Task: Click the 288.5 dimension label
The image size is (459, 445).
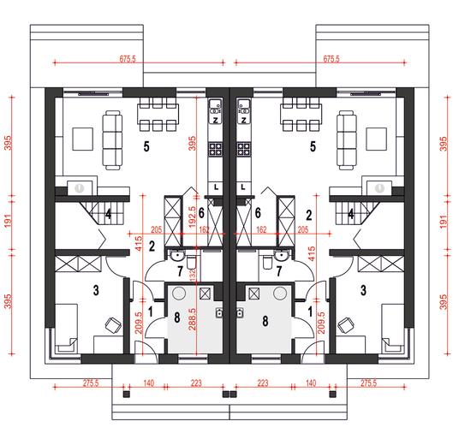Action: [x=193, y=319]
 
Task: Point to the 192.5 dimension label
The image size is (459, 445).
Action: [x=193, y=217]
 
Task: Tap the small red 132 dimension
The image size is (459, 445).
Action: [x=193, y=276]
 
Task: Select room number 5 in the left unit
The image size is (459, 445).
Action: [x=146, y=146]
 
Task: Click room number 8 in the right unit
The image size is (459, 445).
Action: [x=265, y=321]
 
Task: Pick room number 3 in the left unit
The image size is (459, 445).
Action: [x=96, y=290]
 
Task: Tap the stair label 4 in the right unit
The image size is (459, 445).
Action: [x=351, y=215]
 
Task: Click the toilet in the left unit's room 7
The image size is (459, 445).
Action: [x=191, y=262]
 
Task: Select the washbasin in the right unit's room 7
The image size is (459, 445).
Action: [x=282, y=255]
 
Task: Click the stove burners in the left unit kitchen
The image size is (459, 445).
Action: [x=215, y=149]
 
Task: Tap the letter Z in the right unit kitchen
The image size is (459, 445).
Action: [x=243, y=120]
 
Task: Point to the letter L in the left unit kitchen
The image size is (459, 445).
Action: [x=216, y=187]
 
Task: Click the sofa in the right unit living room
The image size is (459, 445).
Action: [x=347, y=139]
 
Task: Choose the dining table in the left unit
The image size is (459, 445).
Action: [x=158, y=114]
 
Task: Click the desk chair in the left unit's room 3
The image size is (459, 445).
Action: [x=113, y=325]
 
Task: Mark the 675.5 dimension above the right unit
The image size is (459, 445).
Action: [x=331, y=59]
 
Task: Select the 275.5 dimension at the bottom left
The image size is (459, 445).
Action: [x=91, y=383]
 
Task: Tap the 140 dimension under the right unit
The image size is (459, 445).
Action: [x=311, y=383]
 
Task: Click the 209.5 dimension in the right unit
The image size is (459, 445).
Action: [x=321, y=323]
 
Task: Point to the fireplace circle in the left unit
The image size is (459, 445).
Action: [x=79, y=188]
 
